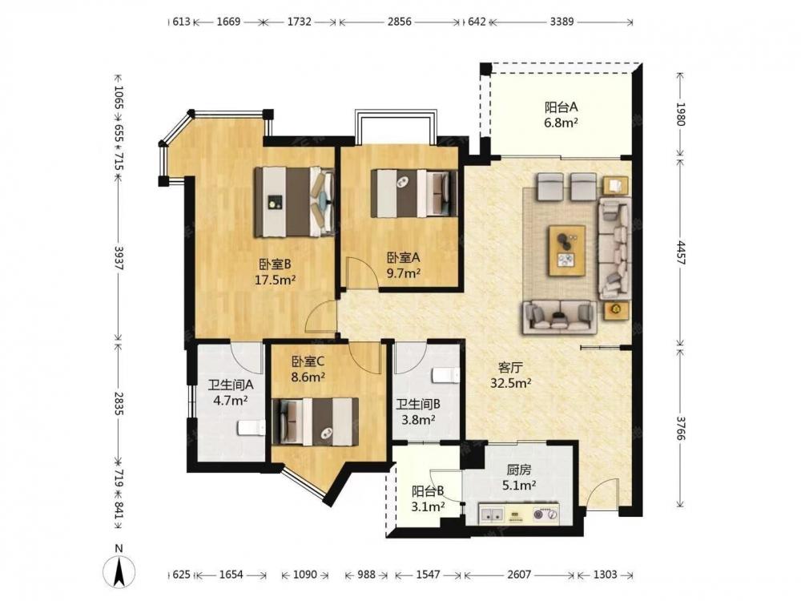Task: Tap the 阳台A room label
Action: tap(561, 107)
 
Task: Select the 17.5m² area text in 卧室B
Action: tap(276, 280)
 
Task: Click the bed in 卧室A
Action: tap(414, 193)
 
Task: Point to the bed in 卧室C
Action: tap(315, 422)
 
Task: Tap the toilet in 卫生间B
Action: tap(446, 376)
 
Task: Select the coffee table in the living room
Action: tap(567, 251)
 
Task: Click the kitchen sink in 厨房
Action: tap(492, 514)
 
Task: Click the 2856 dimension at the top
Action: tap(400, 22)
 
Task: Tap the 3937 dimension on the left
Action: tap(119, 259)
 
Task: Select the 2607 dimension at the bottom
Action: tap(519, 575)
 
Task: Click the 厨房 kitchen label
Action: tap(519, 470)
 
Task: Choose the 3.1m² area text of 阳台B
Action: tap(428, 506)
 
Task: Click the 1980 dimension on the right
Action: tap(680, 114)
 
